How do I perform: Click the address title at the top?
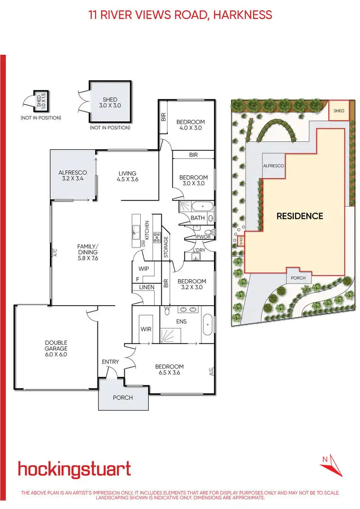click(x=180, y=14)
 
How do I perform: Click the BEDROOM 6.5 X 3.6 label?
click(x=170, y=370)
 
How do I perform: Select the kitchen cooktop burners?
click(x=156, y=237)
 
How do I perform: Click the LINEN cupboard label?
click(x=146, y=287)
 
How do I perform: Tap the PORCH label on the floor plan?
click(x=123, y=398)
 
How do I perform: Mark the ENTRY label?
click(x=110, y=362)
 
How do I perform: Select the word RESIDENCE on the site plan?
click(x=300, y=216)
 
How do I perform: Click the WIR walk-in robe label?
click(x=146, y=330)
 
